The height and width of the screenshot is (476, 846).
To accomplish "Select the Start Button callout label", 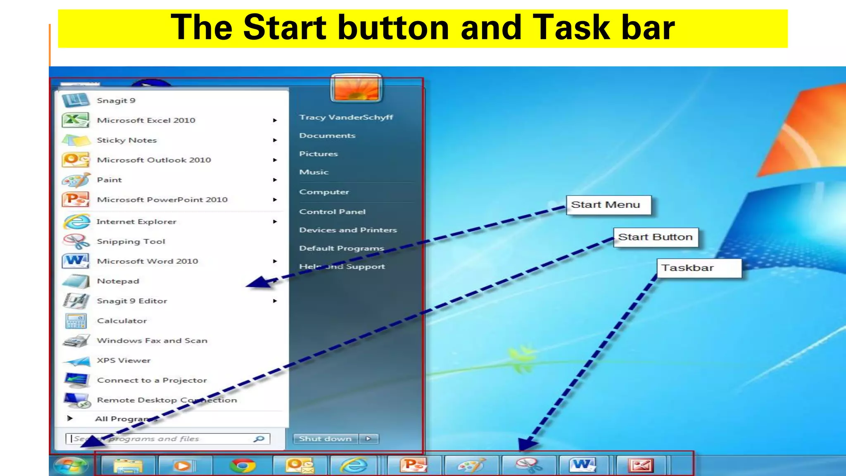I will (655, 237).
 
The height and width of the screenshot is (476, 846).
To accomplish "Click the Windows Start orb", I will (70, 466).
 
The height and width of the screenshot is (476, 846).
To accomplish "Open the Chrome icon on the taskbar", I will (242, 466).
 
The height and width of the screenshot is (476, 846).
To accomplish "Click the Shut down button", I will (326, 439).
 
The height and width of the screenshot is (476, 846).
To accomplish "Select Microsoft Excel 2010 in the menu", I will (146, 120).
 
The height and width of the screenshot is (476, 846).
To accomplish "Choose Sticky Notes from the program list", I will (127, 140).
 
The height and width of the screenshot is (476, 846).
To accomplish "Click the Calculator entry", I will (122, 321).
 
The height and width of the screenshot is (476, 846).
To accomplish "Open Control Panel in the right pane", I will (332, 212).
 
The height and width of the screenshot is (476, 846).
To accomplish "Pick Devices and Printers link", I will (348, 230).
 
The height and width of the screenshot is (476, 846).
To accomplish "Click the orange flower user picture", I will (356, 88).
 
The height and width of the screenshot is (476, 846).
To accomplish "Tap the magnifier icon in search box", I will (259, 439).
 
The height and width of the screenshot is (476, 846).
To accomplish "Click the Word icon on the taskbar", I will (583, 466).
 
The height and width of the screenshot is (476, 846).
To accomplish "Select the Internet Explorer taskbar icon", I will (354, 466).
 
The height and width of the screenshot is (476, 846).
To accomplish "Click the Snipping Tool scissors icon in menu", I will (76, 241).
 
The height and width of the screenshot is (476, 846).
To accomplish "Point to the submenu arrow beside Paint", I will (275, 180).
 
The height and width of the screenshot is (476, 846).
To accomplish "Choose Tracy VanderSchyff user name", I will (346, 117).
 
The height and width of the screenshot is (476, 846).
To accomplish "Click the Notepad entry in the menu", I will (118, 281).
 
